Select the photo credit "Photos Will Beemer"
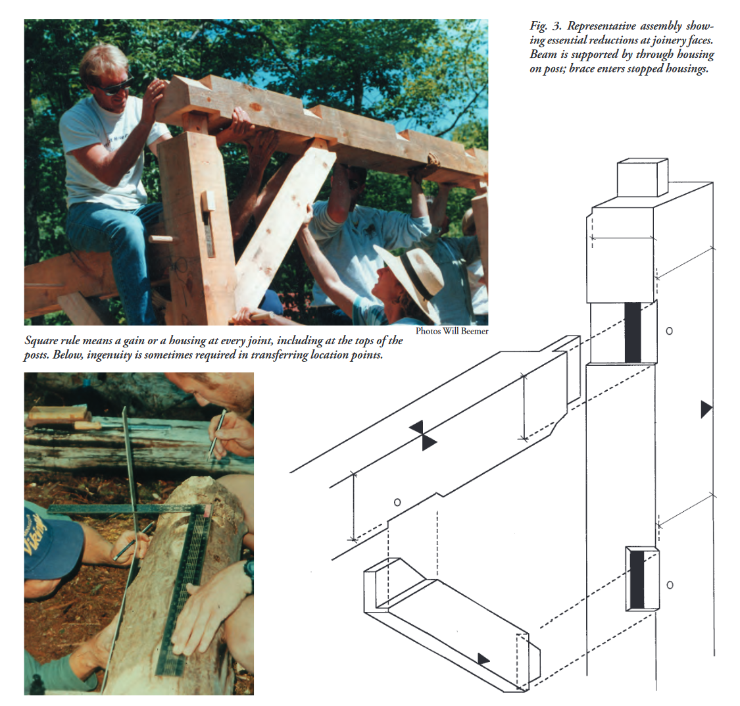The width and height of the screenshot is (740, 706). tap(452, 332)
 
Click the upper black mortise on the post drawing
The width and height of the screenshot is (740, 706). tap(633, 332)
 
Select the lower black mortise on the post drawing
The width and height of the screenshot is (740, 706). tap(637, 580)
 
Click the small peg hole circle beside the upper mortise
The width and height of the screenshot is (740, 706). tap(669, 332)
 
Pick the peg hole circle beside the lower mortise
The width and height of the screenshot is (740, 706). tap(670, 585)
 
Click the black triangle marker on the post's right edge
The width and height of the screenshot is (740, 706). tap(706, 409)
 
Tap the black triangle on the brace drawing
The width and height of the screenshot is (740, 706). tap(483, 659)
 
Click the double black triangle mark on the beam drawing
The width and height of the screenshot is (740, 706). tap(423, 436)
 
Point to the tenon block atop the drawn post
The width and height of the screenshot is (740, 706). tap(642, 178)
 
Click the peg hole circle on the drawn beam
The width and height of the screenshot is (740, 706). tap(397, 502)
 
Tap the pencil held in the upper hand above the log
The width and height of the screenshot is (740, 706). tap(217, 435)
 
